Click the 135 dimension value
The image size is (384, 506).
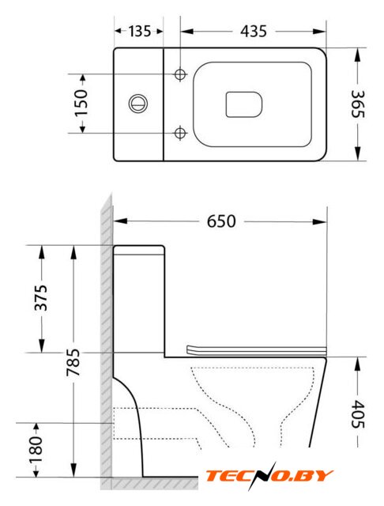[140, 32]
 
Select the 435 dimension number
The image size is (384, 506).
[254, 32]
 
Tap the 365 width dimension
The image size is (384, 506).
[357, 104]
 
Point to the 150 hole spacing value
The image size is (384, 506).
[81, 103]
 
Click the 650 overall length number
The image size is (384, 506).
[221, 221]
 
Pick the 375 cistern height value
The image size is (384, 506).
[41, 297]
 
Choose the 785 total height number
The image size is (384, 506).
[73, 362]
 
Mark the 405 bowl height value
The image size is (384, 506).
[357, 413]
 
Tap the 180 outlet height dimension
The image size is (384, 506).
[36, 449]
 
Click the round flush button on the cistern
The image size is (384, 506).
[138, 104]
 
